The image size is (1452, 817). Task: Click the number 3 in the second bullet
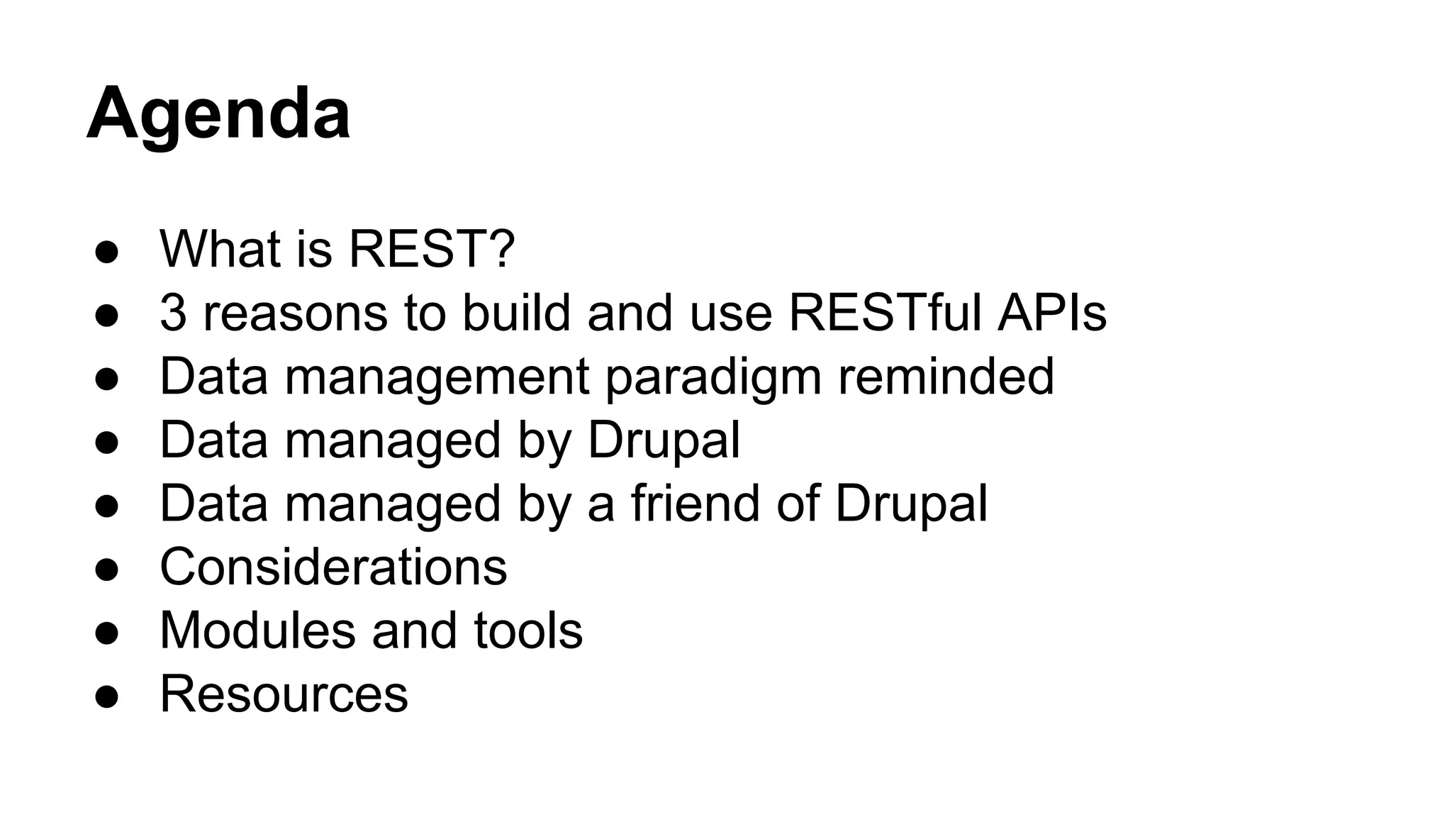pos(173,312)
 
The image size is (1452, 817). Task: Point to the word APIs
pos(1052,312)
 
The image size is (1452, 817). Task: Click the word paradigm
pos(713,377)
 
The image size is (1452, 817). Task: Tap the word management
pos(437,377)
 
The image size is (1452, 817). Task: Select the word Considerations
pos(333,567)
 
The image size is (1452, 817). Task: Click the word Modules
pos(257,630)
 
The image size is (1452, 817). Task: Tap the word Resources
pos(284,694)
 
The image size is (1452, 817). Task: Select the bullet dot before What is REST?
pos(106,251)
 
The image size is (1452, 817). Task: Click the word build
pos(516,312)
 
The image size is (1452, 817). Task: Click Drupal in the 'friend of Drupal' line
pos(911,503)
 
